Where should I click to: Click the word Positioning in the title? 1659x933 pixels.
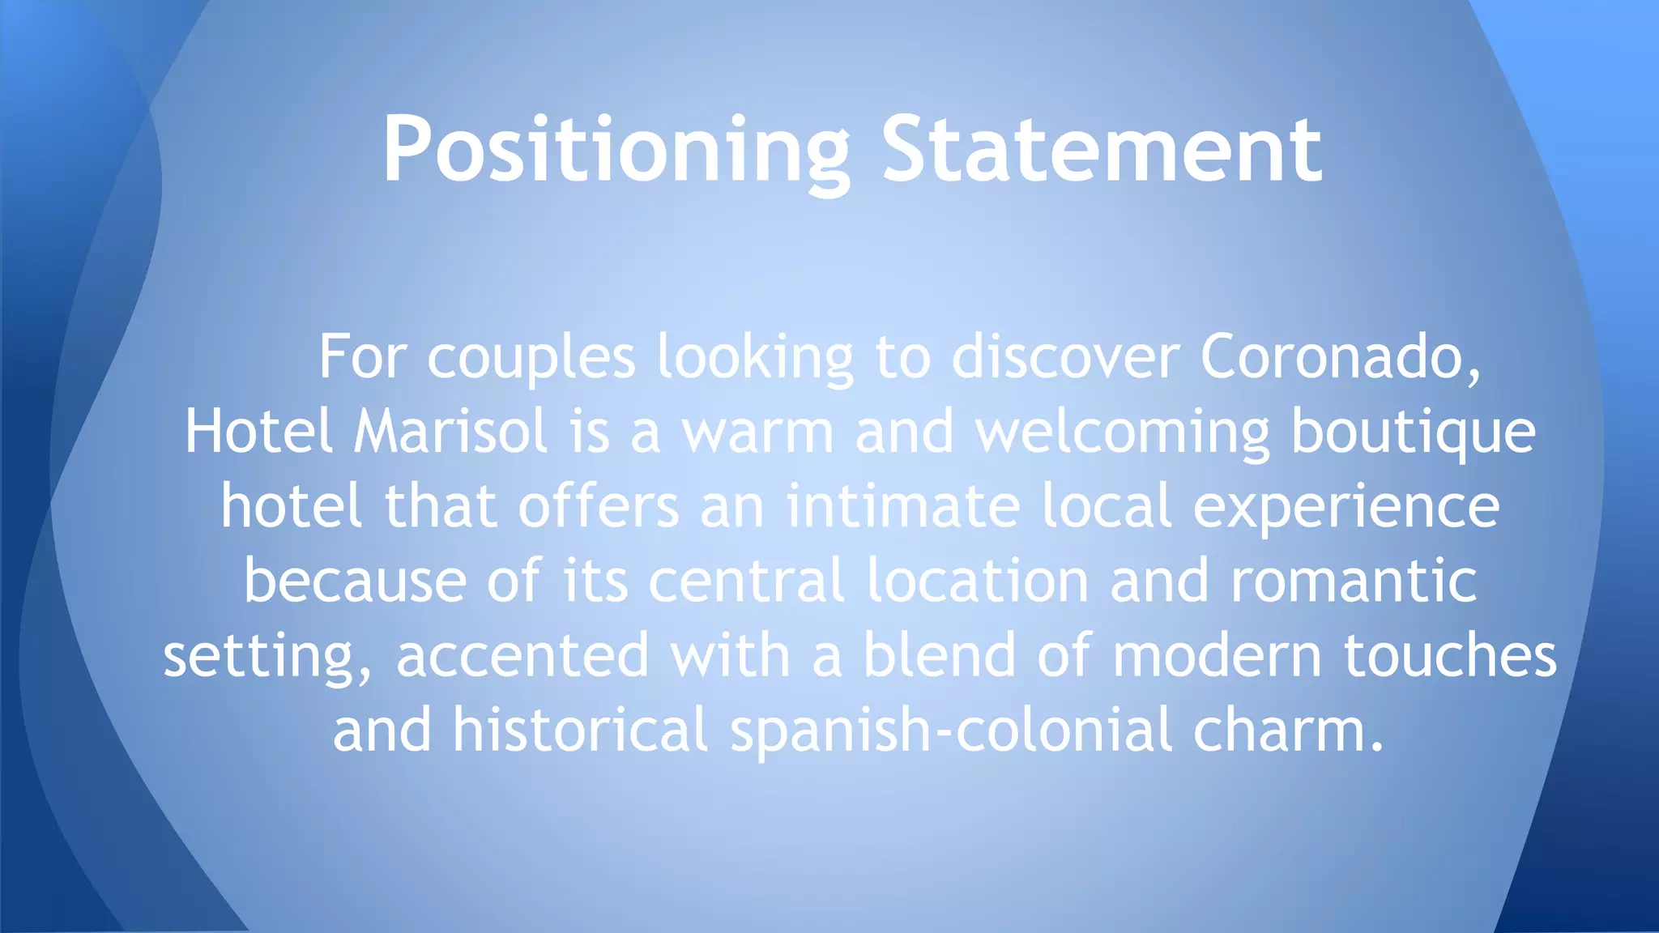tap(616, 150)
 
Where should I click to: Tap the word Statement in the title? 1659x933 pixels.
tap(1102, 150)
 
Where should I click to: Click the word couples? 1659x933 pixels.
tap(531, 358)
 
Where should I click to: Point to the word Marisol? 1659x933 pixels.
tap(450, 431)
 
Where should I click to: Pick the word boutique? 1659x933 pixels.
tap(1413, 432)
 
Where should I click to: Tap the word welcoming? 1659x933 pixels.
tap(1123, 432)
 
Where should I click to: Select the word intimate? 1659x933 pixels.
tap(902, 506)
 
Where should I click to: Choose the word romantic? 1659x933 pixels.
tap(1354, 581)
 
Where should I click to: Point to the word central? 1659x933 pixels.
tap(746, 581)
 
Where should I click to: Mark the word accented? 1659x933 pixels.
tap(522, 655)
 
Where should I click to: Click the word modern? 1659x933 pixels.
tap(1218, 655)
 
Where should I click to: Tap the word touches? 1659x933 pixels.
tap(1450, 655)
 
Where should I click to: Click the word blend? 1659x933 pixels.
tap(939, 655)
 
